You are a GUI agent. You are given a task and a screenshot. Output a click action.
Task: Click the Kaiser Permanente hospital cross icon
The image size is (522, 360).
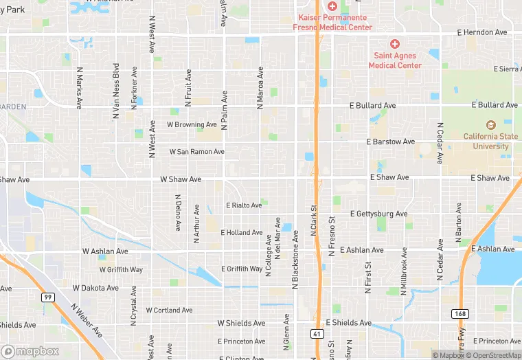(x=332, y=5)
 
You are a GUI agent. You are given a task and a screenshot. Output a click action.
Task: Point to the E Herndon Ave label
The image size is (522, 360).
(x=482, y=32)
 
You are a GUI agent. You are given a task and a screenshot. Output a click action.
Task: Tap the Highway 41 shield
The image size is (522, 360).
(x=316, y=334)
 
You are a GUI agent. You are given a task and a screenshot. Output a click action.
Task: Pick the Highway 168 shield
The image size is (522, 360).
(x=460, y=313)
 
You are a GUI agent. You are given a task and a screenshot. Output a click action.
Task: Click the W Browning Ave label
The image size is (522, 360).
(x=192, y=125)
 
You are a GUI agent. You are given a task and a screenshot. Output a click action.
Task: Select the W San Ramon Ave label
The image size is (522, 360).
(x=196, y=151)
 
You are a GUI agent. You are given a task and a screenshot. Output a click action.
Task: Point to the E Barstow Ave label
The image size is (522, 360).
(x=390, y=142)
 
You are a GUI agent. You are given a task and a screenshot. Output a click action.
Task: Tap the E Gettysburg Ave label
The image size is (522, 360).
(x=378, y=214)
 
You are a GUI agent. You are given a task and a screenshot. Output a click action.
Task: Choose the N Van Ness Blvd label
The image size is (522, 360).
(x=117, y=87)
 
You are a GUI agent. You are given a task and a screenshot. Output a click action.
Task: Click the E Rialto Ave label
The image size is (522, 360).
(x=244, y=205)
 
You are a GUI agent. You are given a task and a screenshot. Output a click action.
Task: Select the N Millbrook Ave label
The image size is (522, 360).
(x=405, y=264)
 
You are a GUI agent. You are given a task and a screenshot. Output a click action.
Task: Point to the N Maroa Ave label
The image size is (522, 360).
(x=260, y=88)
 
